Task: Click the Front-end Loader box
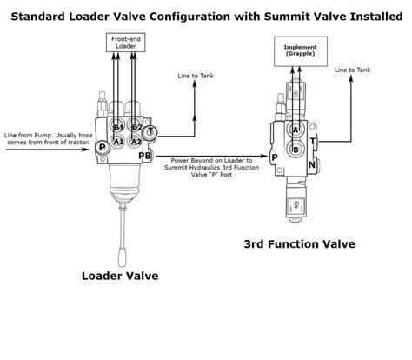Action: click(125, 43)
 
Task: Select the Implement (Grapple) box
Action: click(301, 51)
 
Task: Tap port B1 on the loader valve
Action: click(118, 125)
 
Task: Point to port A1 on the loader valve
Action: click(118, 142)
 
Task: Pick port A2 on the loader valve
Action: click(136, 142)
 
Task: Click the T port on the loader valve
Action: click(150, 132)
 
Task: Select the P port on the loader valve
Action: click(103, 147)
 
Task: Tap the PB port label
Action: click(144, 156)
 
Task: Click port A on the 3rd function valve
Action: click(295, 130)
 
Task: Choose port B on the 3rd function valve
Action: click(296, 150)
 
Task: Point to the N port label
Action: click(312, 165)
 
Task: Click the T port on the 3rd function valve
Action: click(313, 142)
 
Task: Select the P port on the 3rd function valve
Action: click(274, 157)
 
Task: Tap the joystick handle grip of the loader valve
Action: click(122, 257)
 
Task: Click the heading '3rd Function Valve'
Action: click(299, 244)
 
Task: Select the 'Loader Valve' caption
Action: click(120, 276)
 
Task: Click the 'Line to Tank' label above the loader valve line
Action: click(196, 76)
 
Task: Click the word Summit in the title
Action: click(287, 17)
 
